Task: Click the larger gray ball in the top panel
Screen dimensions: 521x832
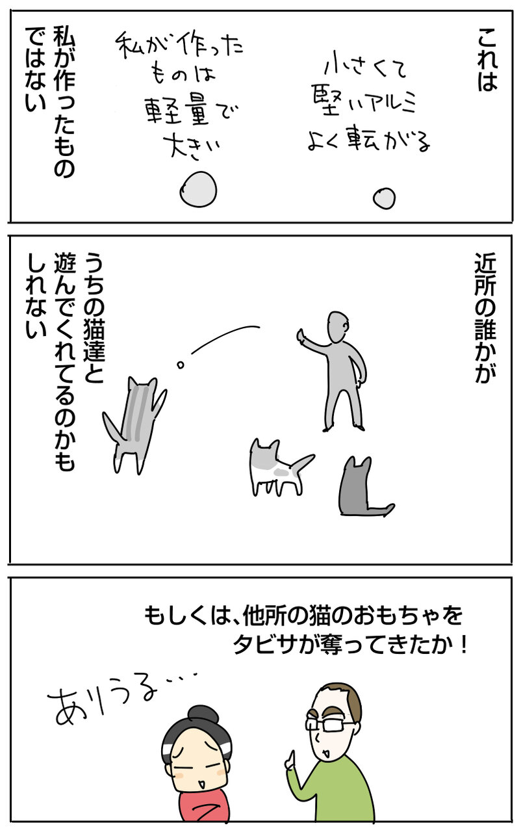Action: pos(198,189)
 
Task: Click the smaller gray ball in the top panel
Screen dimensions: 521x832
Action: pos(384,199)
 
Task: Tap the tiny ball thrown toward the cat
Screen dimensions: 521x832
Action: pos(181,365)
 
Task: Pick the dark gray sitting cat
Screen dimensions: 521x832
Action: pos(362,487)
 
